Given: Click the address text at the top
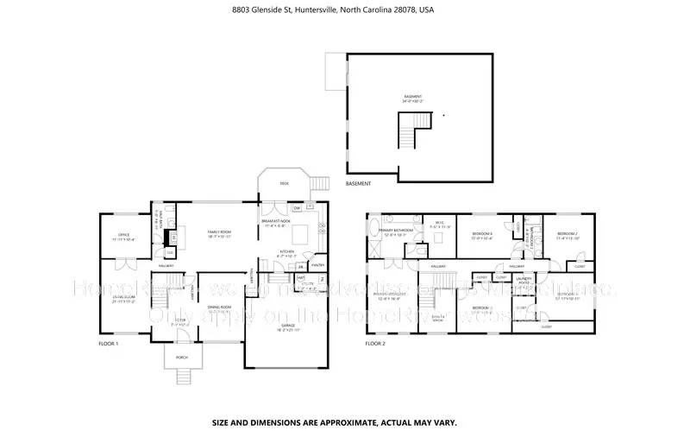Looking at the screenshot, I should tap(345, 10).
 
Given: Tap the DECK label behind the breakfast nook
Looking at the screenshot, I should tap(283, 184).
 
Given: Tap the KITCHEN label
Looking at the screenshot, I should tap(287, 253).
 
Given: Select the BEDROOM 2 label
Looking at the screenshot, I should tap(567, 235).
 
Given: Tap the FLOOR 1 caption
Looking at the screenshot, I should tap(109, 343).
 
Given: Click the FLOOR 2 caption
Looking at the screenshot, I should tap(374, 343).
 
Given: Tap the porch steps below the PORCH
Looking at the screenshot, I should tap(182, 376).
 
